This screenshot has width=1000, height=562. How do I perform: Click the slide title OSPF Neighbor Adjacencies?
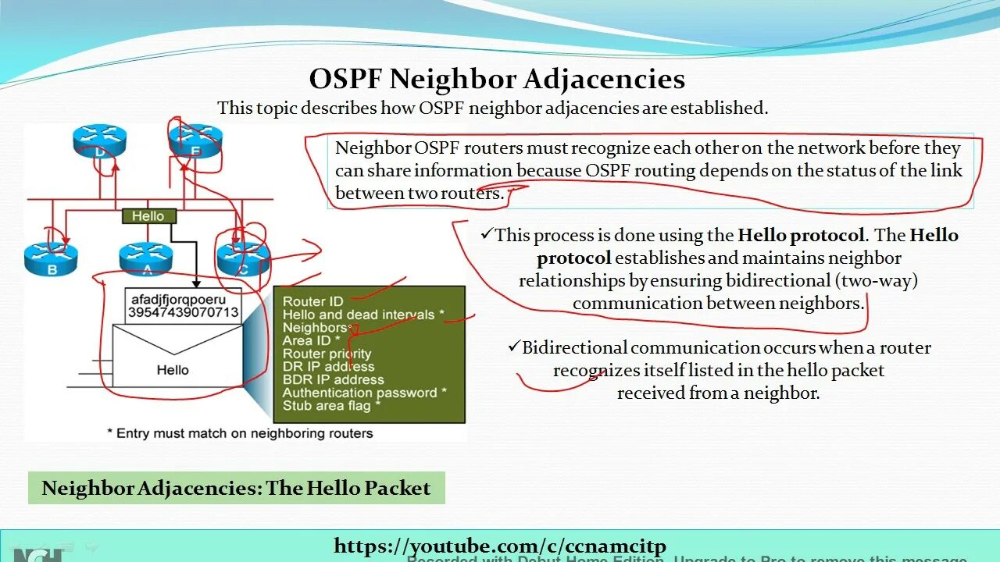click(x=497, y=79)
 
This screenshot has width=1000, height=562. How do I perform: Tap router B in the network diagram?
click(x=51, y=257)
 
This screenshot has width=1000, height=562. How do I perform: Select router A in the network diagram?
click(x=146, y=257)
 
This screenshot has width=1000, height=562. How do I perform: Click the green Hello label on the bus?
click(x=148, y=216)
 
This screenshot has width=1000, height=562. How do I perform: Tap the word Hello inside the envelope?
click(x=173, y=370)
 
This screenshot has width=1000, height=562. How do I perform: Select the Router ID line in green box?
click(x=312, y=302)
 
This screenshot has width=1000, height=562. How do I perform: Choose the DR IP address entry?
click(x=328, y=367)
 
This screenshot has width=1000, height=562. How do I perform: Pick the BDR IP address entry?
click(x=333, y=380)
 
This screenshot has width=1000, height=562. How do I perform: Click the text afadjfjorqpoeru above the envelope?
click(x=179, y=299)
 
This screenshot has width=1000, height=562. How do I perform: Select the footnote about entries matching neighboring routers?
click(x=240, y=432)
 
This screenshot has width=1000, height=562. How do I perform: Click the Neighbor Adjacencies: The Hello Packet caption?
click(x=236, y=489)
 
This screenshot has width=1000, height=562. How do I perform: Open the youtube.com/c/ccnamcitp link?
click(x=500, y=546)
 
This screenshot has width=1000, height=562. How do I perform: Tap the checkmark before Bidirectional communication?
click(x=513, y=347)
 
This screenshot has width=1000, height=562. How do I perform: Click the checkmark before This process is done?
click(x=487, y=234)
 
